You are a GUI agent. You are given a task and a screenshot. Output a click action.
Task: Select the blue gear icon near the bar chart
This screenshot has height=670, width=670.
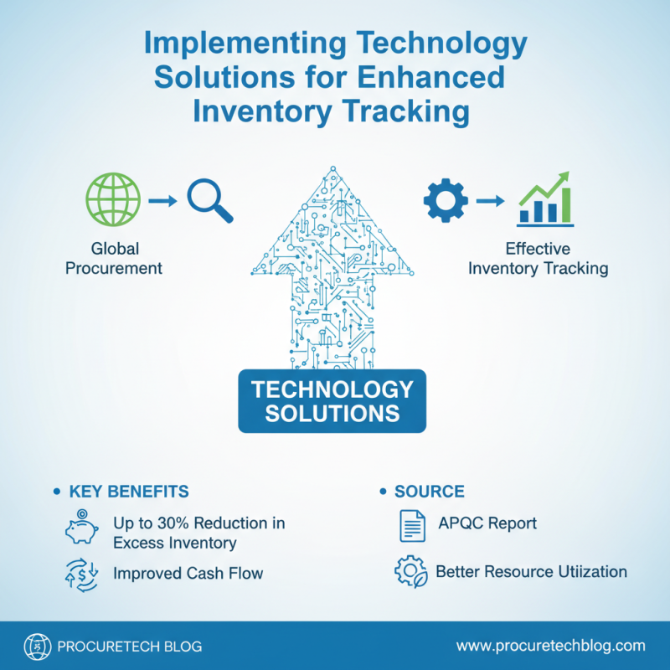(x=443, y=201)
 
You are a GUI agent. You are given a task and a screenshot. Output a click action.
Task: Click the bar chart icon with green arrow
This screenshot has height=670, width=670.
(x=545, y=199)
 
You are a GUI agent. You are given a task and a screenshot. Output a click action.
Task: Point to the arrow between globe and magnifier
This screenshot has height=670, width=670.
(x=162, y=202)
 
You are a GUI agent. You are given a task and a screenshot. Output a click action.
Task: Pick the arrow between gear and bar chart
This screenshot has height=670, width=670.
(x=492, y=201)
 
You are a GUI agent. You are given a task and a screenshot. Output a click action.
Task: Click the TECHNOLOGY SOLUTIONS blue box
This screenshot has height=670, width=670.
(x=332, y=401)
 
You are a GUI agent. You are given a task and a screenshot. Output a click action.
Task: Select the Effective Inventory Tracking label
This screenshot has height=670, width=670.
(x=538, y=259)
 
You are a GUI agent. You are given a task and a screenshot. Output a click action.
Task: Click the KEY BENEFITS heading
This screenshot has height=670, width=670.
(x=129, y=491)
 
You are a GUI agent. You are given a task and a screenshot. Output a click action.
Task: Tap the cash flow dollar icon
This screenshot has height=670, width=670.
(x=80, y=575)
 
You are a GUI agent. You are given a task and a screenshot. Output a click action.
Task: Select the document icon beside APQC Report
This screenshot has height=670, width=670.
(x=411, y=526)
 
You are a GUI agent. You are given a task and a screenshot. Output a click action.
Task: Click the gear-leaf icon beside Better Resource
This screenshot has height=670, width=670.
(x=411, y=572)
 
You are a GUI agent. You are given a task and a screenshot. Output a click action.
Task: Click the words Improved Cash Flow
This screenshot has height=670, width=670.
(x=188, y=574)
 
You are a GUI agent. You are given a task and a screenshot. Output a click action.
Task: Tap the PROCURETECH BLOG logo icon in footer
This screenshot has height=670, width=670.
(x=37, y=647)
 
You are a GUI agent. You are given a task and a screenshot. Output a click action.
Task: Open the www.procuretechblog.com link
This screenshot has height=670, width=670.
(x=550, y=646)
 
